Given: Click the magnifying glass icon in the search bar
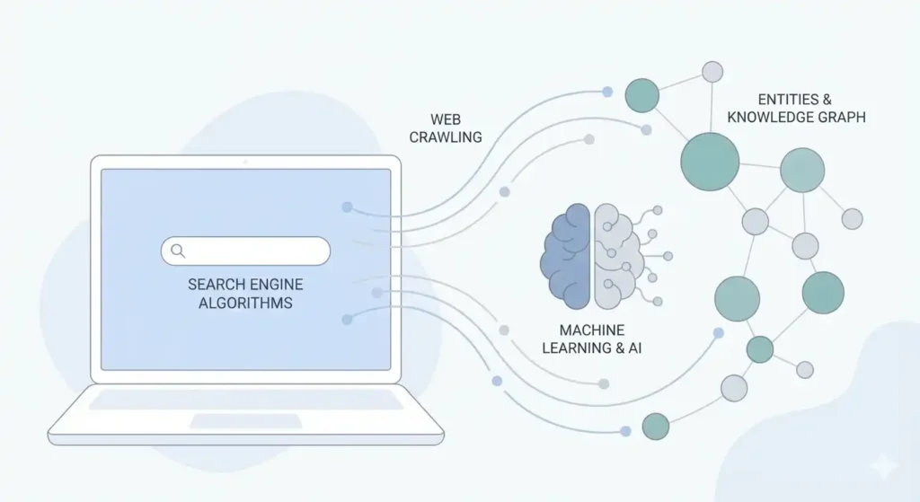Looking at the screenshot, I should click(178, 251).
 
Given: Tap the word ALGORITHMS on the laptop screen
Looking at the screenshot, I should click(245, 304).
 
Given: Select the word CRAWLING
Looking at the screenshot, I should click(446, 137).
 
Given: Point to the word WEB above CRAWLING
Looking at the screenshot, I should click(446, 119).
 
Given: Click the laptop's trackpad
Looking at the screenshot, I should click(245, 420).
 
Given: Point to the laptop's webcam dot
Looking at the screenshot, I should click(245, 162).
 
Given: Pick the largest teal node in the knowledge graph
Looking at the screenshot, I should click(710, 162).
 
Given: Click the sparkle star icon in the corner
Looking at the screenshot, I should click(882, 465).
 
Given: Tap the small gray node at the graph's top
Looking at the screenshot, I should click(712, 72).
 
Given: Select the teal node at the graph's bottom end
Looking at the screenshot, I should click(655, 426).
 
